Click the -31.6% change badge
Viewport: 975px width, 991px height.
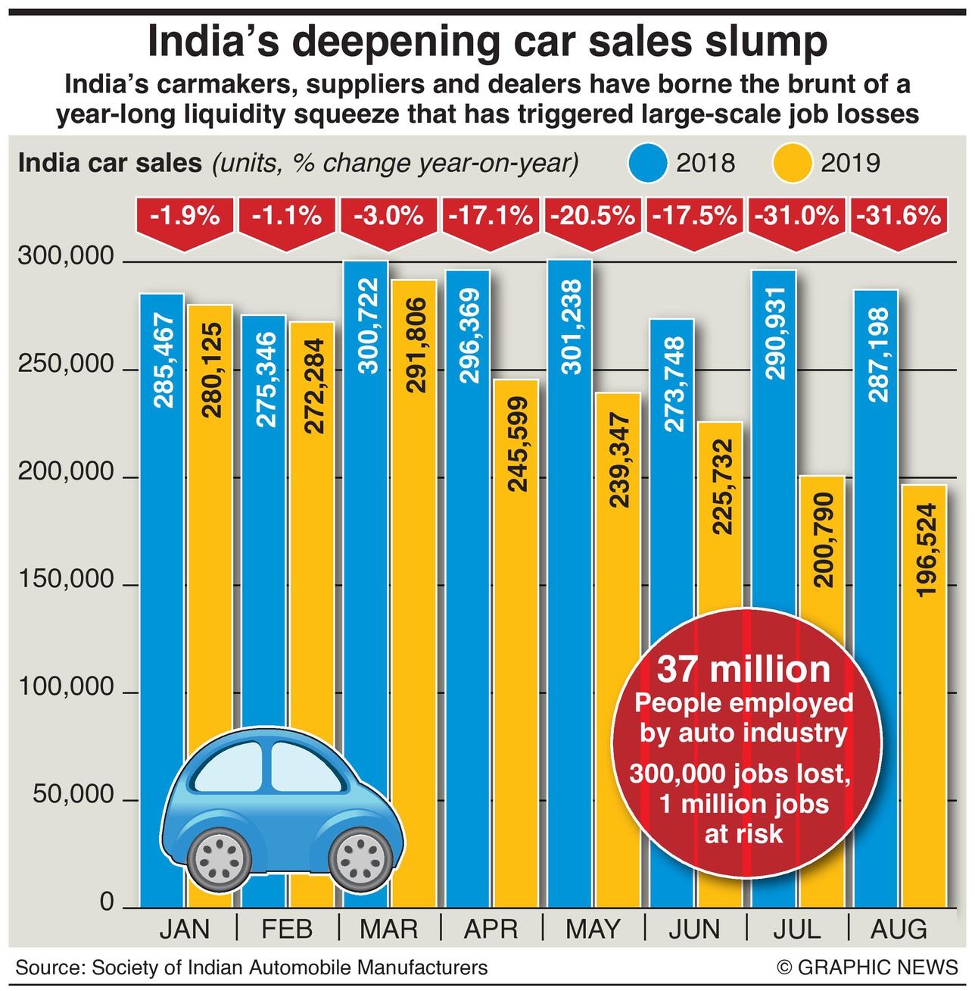click(x=899, y=217)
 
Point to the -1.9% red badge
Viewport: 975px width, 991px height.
click(x=185, y=217)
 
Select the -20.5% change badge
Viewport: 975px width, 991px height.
click(x=593, y=217)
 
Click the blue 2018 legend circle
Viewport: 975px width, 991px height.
click(x=647, y=163)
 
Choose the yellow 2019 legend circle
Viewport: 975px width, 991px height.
click(x=792, y=163)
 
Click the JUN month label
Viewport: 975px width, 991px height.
click(x=694, y=930)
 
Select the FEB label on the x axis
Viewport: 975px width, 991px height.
click(x=287, y=930)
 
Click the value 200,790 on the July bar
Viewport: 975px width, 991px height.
click(x=824, y=539)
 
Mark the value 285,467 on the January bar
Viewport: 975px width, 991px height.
click(x=162, y=361)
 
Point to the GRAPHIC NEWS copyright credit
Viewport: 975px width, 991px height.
click(x=868, y=968)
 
